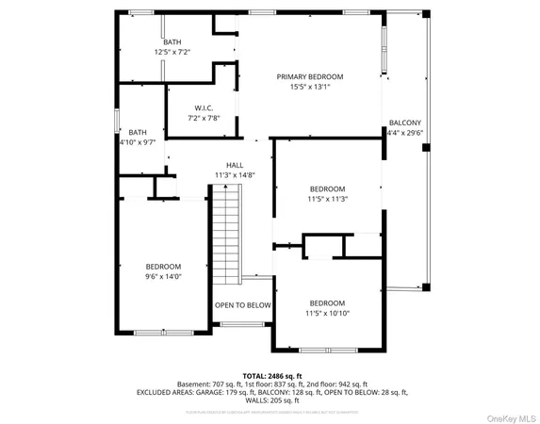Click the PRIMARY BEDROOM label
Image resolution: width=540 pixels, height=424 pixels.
309,76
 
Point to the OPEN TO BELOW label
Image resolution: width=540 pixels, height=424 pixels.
242,305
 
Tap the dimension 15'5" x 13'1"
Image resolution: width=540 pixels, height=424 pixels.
309,87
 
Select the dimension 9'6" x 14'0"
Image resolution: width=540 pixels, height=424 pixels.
163,276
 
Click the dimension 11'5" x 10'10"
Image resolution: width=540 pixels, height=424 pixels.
327,313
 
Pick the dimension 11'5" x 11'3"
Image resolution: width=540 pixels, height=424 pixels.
327,199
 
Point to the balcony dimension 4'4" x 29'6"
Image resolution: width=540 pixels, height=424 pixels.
406,133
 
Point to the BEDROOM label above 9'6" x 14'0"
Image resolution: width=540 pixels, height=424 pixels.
163,267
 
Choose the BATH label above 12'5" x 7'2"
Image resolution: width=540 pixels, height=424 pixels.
172,41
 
